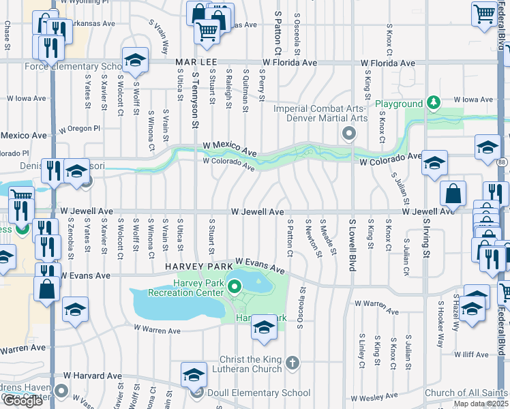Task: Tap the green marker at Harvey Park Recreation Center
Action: click(235, 286)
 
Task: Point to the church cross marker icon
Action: click(292, 361)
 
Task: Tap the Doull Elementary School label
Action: click(258, 393)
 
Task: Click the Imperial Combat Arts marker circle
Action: click(349, 133)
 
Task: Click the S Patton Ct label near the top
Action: click(277, 33)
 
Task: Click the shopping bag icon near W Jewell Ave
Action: click(453, 194)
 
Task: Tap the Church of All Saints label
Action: click(465, 393)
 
